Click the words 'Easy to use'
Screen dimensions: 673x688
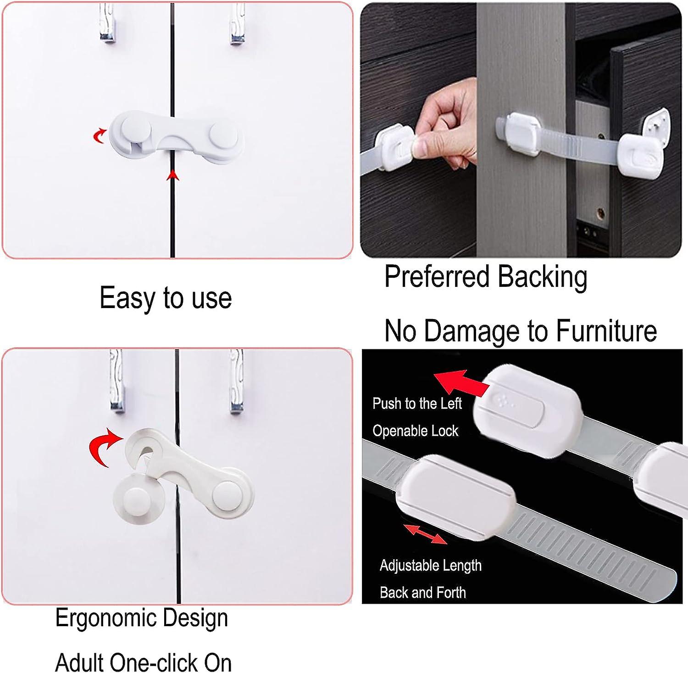166,298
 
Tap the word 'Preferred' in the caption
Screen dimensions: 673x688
437,277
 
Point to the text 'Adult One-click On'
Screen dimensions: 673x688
143,662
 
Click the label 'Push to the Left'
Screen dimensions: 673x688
416,404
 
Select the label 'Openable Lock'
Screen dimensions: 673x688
415,431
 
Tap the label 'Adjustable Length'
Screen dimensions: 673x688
430,565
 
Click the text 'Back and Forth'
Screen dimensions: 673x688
422,593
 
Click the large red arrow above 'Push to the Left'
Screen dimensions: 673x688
460,383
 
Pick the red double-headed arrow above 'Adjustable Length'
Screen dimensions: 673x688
425,534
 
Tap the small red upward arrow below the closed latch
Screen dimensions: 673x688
172,175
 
